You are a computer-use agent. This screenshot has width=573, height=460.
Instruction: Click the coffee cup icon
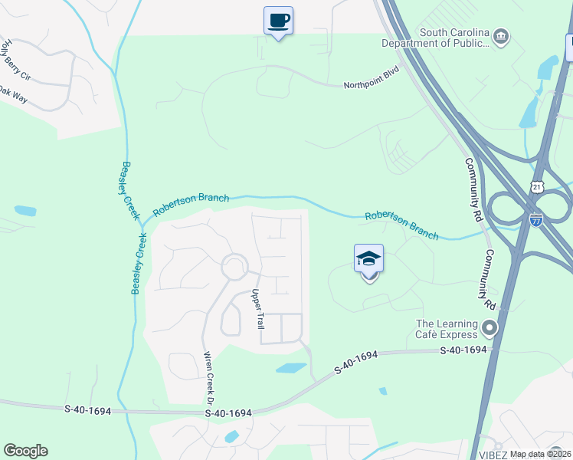pos(278,20)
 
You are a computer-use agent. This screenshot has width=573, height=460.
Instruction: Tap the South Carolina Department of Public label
pos(454,38)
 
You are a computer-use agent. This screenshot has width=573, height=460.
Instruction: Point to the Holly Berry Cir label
pos(15,54)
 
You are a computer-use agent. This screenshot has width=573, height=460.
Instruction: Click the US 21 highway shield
pos(537,186)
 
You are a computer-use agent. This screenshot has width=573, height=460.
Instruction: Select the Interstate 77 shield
pos(536,220)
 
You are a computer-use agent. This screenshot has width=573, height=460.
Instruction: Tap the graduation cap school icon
pos(369,259)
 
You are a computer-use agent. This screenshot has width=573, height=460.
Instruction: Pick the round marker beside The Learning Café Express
pos(489,329)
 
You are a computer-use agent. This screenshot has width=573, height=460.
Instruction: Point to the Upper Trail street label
pos(257,309)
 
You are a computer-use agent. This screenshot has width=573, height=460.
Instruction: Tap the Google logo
pos(25,451)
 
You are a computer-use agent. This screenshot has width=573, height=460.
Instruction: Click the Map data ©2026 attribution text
pos(540,454)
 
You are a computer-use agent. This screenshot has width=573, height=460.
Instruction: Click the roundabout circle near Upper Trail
pos(234,268)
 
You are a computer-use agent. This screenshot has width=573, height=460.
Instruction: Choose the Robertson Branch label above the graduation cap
pos(401,226)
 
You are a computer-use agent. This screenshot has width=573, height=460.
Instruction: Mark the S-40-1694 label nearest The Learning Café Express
pos(463,350)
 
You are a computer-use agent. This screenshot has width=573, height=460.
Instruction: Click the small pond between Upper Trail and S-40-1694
pos(290,368)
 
